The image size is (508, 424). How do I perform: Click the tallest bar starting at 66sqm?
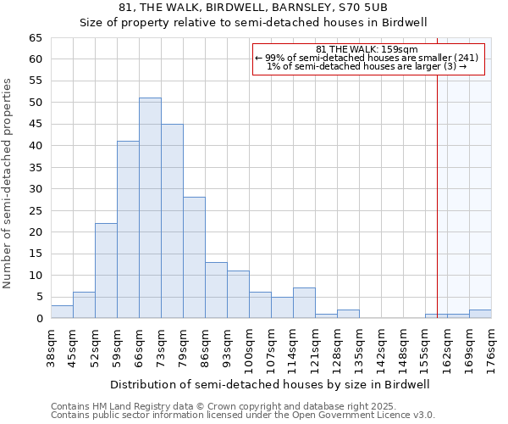click(x=150, y=208)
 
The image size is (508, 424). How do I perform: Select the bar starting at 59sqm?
click(x=128, y=229)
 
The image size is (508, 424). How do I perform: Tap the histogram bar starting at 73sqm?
click(x=172, y=220)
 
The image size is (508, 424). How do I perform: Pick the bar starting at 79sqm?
click(x=194, y=258)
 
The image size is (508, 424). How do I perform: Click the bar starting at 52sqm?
click(x=106, y=271)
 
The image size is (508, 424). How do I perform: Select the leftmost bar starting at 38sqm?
click(x=62, y=312)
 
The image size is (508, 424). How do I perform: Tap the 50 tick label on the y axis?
click(x=35, y=103)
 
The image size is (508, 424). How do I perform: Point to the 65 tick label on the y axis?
click(x=35, y=38)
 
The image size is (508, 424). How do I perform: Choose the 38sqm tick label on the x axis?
click(x=51, y=347)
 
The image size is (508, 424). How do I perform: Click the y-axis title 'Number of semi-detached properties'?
click(x=8, y=182)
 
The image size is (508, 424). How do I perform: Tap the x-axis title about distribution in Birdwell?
click(x=270, y=384)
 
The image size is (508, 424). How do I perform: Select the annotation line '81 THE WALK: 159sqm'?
click(x=367, y=49)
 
